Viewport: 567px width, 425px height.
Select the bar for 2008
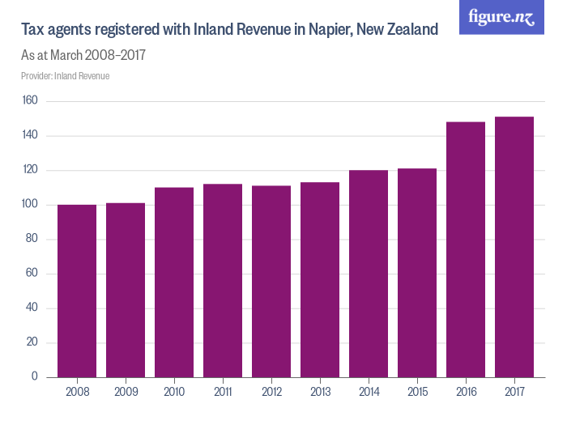[x=77, y=291]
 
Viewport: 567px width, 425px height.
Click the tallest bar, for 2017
[x=514, y=247]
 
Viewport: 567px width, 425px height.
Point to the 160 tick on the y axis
[x=30, y=101]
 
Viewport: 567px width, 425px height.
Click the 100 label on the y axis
[x=30, y=205]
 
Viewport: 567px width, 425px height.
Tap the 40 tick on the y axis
[x=32, y=308]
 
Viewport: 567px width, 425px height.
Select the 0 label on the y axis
[x=36, y=377]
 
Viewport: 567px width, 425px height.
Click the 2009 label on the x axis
[x=126, y=392]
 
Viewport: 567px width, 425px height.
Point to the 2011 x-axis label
[x=223, y=392]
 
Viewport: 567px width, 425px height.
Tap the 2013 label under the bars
[x=320, y=392]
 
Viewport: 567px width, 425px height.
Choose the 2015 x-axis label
[x=417, y=392]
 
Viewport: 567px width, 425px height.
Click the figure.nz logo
[x=501, y=17]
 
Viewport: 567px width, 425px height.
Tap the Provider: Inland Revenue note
[x=65, y=76]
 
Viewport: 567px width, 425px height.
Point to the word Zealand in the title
[x=411, y=30]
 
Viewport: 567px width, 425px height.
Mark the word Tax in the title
[x=32, y=30]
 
